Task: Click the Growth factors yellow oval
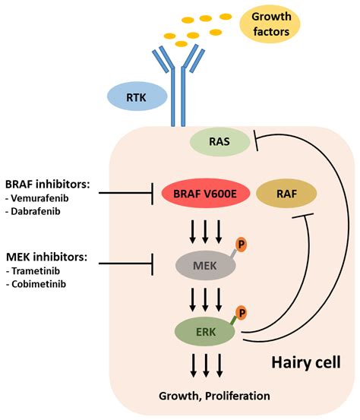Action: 270,24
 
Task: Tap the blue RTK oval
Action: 137,96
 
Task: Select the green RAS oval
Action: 219,141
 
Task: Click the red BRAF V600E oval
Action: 206,194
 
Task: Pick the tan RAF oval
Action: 286,194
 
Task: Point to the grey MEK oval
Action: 206,266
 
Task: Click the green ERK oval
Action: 205,332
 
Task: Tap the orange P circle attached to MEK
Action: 241,245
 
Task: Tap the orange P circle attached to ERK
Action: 242,313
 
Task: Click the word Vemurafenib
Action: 39,198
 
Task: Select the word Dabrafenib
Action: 36,212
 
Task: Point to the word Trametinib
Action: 36,271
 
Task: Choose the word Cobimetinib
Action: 39,284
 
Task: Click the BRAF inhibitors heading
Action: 48,185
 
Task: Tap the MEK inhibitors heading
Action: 46,257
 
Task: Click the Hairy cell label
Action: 306,362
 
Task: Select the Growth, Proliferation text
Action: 214,396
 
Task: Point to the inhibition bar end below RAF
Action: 303,216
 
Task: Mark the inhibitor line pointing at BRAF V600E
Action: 126,193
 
